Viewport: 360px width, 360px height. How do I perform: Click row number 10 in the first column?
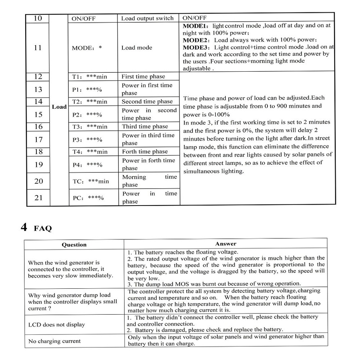pos(38,18)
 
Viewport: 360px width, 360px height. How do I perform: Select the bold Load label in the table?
pos(59,107)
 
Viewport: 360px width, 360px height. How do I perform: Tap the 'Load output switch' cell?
pos(147,18)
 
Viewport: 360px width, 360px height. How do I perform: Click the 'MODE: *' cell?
pos(87,48)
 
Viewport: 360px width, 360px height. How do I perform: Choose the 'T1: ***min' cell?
pos(90,77)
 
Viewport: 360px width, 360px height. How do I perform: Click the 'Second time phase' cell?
pos(147,102)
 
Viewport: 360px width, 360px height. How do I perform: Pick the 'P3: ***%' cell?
pos(87,140)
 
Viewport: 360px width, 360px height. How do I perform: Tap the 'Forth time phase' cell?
pos(145,152)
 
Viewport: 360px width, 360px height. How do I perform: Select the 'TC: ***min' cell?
pos(91,181)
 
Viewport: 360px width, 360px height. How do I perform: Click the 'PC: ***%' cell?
pos(88,198)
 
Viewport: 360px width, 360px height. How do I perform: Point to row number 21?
pos(39,198)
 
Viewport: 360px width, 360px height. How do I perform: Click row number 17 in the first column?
pos(38,139)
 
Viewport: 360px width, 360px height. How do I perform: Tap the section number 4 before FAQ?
pos(24,228)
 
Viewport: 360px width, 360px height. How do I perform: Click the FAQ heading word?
pos(43,229)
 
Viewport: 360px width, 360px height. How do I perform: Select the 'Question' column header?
pos(74,245)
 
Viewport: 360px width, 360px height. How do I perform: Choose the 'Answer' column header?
pos(226,244)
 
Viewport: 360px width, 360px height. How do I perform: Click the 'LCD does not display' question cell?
pos(57,325)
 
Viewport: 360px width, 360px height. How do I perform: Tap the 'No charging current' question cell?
pos(54,341)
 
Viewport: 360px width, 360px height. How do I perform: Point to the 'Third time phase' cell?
pos(145,126)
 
